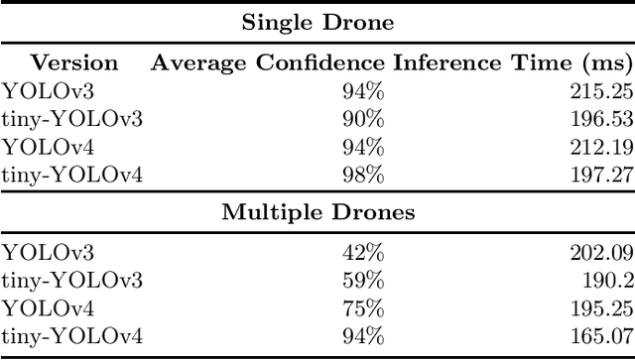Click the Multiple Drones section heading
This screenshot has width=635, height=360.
[317, 211]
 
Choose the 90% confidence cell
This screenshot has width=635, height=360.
[363, 120]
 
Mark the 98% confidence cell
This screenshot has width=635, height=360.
[363, 176]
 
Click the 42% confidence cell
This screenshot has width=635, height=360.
[363, 253]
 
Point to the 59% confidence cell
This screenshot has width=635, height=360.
[363, 281]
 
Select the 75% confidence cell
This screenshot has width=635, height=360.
[363, 308]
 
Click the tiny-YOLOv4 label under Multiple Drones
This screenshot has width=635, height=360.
[72, 336]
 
